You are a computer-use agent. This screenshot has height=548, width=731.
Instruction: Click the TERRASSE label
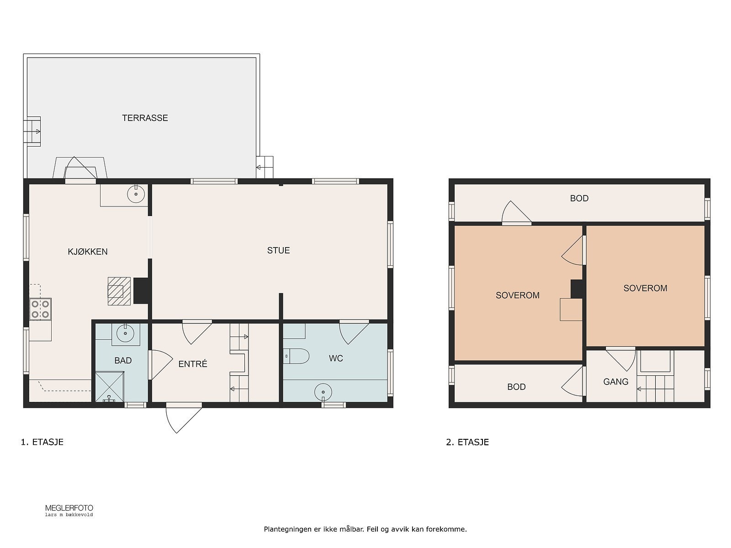[x=145, y=118]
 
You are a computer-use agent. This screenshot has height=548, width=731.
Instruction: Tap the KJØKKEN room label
[x=88, y=252]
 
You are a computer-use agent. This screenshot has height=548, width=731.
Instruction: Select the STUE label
[x=278, y=251]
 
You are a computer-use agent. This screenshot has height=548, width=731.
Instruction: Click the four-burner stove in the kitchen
[x=40, y=309]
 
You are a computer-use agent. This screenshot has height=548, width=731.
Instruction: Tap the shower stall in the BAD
[x=109, y=387]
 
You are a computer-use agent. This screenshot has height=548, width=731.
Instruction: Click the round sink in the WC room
[x=323, y=392]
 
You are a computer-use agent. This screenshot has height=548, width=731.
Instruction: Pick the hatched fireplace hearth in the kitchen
[x=119, y=291]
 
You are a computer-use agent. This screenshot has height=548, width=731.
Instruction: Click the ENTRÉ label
[x=193, y=364]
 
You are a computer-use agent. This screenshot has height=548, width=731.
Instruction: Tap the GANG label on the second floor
[x=616, y=382]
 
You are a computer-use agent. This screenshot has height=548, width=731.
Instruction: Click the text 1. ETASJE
[x=42, y=442]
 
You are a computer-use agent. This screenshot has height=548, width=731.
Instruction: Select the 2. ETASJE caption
[x=467, y=442]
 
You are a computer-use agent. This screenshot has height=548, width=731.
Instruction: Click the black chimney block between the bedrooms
[x=577, y=289]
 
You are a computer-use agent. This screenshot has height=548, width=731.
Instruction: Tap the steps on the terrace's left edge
[x=32, y=132]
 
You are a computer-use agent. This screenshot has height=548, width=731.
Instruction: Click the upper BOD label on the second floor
[x=579, y=198]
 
